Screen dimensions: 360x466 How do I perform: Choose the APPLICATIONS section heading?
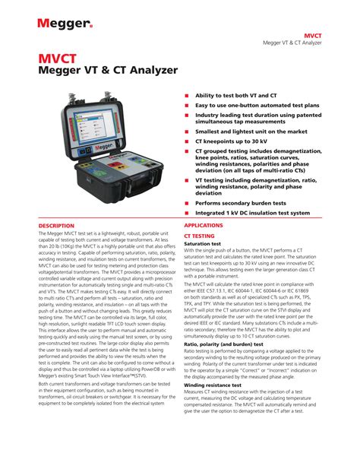pyautogui.click(x=204, y=227)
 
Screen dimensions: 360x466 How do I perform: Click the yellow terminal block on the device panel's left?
pyautogui.click(x=86, y=167)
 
